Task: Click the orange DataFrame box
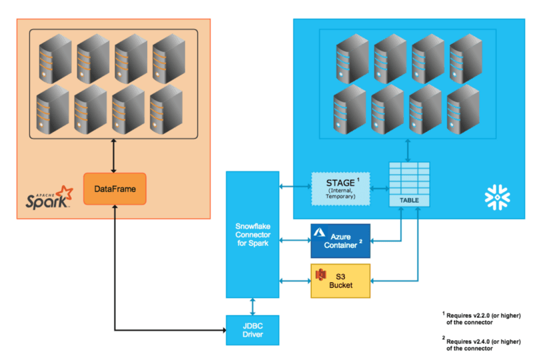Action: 115,189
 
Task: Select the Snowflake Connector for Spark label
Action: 253,235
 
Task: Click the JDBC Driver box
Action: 253,330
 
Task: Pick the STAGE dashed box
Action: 340,189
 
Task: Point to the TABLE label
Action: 409,201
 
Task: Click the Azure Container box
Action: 340,241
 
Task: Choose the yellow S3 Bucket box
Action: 340,281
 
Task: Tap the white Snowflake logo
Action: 497,197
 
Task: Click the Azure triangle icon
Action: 319,233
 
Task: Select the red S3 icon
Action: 320,274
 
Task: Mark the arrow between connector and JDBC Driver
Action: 253,307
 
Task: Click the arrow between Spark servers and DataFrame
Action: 113,156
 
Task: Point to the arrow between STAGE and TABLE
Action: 379,188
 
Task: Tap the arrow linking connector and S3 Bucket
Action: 295,281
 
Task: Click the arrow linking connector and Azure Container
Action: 295,241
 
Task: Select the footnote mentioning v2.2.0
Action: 481,319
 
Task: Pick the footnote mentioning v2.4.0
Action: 481,345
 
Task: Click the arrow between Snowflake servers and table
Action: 408,151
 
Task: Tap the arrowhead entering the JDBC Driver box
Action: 224,330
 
